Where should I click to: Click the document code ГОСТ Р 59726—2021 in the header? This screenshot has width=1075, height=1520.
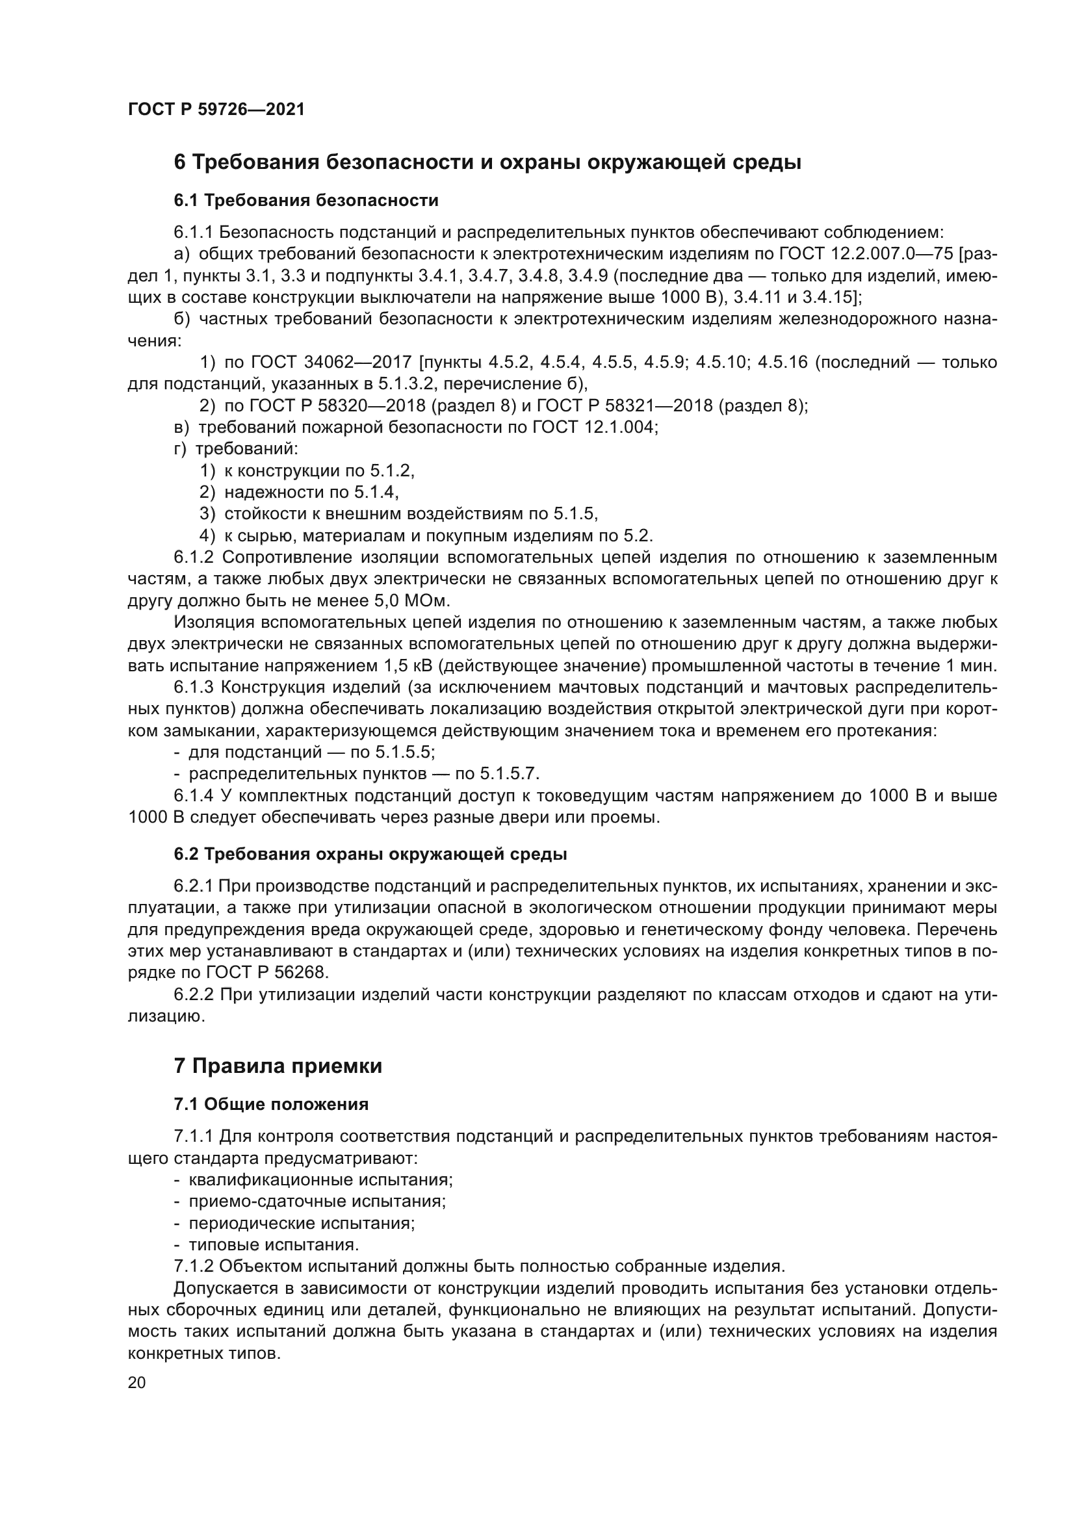coord(216,110)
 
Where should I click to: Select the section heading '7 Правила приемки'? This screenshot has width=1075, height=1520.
coord(278,1066)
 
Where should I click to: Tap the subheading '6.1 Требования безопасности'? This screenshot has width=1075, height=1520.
coord(306,200)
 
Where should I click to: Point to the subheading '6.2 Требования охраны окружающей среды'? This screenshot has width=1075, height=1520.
coord(370,854)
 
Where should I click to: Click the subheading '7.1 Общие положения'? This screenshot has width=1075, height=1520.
coord(271,1104)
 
